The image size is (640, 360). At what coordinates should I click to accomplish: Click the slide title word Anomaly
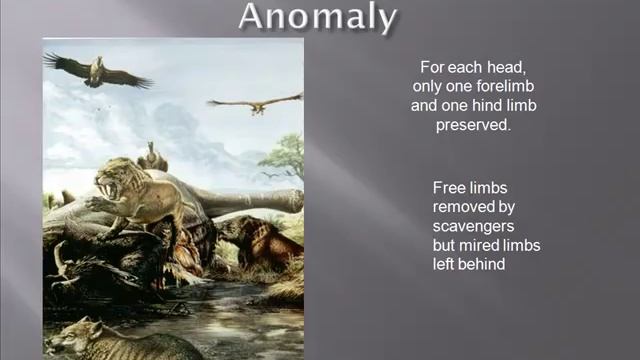point(318,16)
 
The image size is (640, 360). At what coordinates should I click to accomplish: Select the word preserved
point(472,125)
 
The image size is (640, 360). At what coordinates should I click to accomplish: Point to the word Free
point(449,187)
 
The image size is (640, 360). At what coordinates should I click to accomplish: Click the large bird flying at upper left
point(97,70)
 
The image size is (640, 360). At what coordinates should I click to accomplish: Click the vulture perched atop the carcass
point(153,156)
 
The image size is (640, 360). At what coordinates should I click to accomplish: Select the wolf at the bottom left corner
point(84,336)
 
